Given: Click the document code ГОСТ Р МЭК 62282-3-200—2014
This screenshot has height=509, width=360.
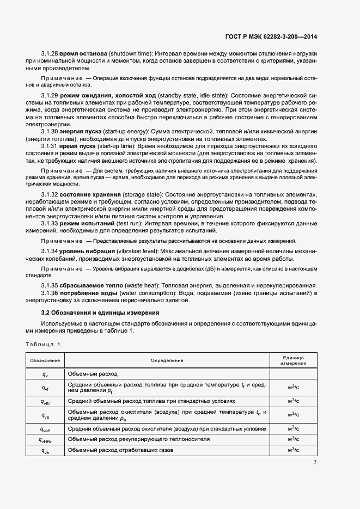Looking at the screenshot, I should (x=271, y=37).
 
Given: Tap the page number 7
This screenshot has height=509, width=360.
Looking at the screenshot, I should (x=315, y=463).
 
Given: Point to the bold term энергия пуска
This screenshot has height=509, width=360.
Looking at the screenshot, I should (x=80, y=132).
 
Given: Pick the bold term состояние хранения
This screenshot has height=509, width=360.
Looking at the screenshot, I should (x=90, y=194).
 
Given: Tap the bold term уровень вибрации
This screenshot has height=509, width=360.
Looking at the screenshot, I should (x=88, y=250).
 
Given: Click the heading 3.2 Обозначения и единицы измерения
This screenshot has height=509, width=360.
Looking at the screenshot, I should (x=100, y=313).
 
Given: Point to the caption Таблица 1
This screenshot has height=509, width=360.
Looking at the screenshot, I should (x=44, y=344).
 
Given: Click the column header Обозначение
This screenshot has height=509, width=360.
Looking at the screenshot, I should (x=45, y=360).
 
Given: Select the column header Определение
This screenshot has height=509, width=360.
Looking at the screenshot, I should (x=167, y=360).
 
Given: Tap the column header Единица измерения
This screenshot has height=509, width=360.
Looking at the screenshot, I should (x=293, y=360).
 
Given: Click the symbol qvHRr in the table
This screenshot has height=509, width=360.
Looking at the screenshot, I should (x=45, y=439).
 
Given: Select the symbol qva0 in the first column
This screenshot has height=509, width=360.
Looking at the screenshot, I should (x=45, y=429).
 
